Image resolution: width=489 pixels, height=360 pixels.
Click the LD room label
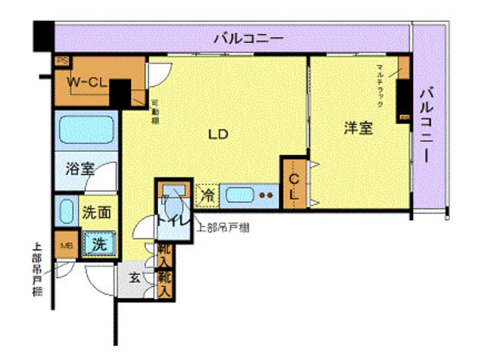pyautogui.click(x=219, y=134)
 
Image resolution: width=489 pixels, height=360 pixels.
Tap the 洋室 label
pyautogui.click(x=358, y=128)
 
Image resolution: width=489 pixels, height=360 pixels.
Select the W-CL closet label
pyautogui.click(x=87, y=82)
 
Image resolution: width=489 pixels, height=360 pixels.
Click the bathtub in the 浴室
pyautogui.click(x=86, y=129)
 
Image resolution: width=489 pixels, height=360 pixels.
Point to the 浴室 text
pyautogui.click(x=80, y=169)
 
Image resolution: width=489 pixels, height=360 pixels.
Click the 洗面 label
pyautogui.click(x=96, y=213)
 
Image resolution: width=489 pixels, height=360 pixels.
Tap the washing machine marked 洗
pyautogui.click(x=99, y=244)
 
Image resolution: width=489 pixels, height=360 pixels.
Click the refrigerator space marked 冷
pyautogui.click(x=207, y=196)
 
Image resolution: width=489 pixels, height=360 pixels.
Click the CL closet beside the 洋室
pyautogui.click(x=294, y=186)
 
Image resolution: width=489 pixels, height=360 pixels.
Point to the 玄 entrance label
pyautogui.click(x=135, y=279)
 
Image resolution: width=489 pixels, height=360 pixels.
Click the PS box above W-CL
pyautogui.click(x=62, y=61)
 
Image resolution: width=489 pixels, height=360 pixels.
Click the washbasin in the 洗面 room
pyautogui.click(x=67, y=212)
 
